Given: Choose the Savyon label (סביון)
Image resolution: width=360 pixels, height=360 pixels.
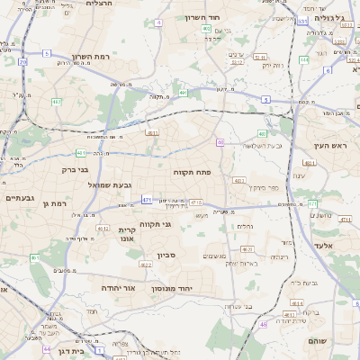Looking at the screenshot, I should click(166, 256).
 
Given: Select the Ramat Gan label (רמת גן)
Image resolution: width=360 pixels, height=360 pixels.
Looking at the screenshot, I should click(56, 204).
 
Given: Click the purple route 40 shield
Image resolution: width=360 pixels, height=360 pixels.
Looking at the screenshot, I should click(220, 142).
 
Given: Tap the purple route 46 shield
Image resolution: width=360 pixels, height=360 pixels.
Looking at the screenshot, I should click(263, 324).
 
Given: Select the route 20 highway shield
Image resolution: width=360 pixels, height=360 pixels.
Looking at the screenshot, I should click(22, 62).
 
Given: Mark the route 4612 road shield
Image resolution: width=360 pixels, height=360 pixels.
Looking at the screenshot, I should click(146, 265).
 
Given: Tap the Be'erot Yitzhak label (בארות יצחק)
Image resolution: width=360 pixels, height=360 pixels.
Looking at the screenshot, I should click(241, 263).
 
